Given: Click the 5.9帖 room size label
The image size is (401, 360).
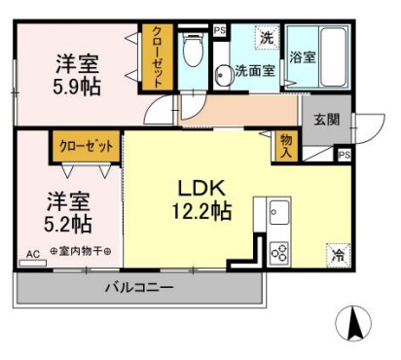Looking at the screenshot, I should point(76,85).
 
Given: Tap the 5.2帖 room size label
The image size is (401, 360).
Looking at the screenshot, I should point(67,224).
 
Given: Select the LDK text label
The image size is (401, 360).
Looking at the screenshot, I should point(200,187).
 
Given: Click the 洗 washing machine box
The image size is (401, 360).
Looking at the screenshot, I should point(265,40).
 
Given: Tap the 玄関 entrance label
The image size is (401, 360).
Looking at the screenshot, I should point(325,119).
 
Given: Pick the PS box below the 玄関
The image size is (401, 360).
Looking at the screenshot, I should point(343,155).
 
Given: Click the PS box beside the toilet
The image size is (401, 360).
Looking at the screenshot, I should point(219,30).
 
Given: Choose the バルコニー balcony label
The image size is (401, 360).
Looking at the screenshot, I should point(138,288).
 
